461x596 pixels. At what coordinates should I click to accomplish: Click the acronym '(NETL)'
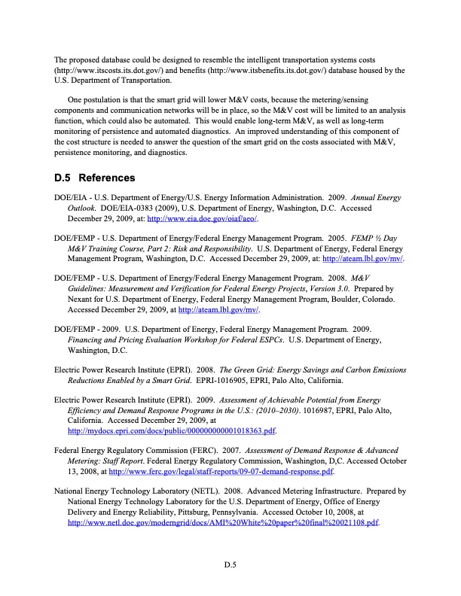click(x=197, y=489)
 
